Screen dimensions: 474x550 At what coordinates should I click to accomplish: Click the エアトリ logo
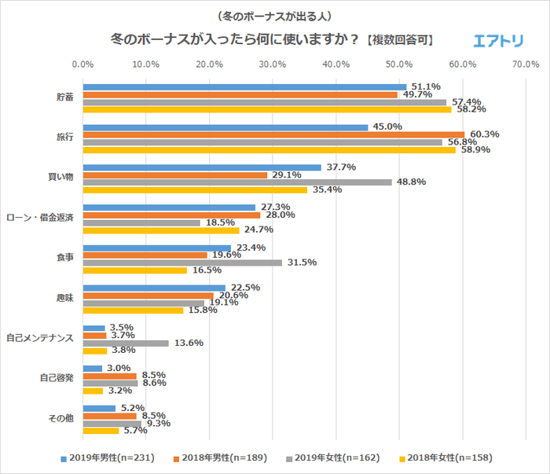[500, 41]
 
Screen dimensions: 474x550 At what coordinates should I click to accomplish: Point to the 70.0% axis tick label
[526, 64]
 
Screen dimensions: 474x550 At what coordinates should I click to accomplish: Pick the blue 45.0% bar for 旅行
[225, 127]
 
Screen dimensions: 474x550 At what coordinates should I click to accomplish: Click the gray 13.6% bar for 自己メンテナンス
[126, 343]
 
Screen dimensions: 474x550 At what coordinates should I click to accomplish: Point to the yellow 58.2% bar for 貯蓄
[267, 110]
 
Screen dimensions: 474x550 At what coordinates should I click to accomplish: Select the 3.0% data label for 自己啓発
[119, 368]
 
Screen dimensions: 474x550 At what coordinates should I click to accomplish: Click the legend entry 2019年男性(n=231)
[105, 457]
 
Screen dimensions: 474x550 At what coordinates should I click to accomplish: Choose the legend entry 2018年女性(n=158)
[449, 457]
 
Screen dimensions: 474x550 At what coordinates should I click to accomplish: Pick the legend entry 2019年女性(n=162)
[335, 457]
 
